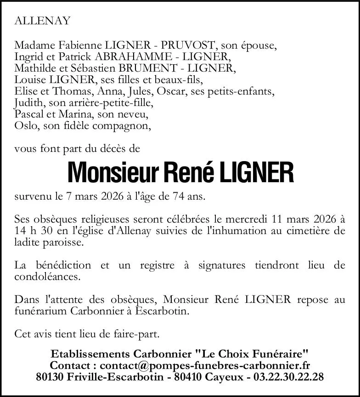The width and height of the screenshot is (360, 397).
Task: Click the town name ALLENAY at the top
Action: click(x=43, y=21)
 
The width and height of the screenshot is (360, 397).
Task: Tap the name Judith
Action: click(x=28, y=103)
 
